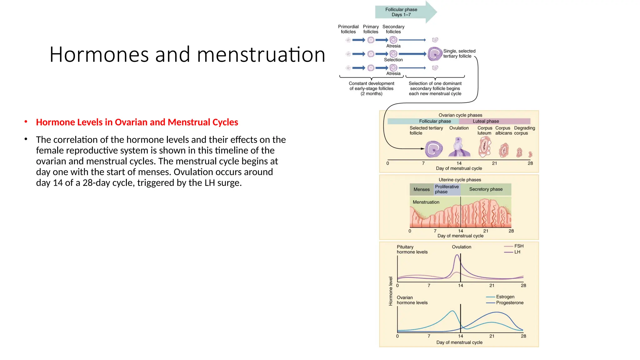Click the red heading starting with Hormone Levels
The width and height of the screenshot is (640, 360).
pyautogui.click(x=137, y=122)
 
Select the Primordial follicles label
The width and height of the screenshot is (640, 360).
pyautogui.click(x=348, y=29)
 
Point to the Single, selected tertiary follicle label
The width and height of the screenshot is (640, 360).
pyautogui.click(x=459, y=53)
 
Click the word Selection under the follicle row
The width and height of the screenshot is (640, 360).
pyautogui.click(x=393, y=60)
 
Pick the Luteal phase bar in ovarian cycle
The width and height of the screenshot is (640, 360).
pyautogui.click(x=494, y=121)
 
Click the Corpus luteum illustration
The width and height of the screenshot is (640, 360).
pyautogui.click(x=484, y=147)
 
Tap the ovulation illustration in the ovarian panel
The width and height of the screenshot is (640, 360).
pyautogui.click(x=459, y=147)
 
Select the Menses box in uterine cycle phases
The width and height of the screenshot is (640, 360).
pyautogui.click(x=422, y=189)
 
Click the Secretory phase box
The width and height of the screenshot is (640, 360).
pyautogui.click(x=486, y=189)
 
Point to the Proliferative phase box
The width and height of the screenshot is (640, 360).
pyautogui.click(x=447, y=189)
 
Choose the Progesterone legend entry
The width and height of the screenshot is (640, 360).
pyautogui.click(x=509, y=303)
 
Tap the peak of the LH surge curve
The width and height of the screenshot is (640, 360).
pyautogui.click(x=457, y=255)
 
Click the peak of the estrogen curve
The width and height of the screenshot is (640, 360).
pyautogui.click(x=452, y=311)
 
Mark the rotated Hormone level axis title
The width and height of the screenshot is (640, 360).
pyautogui.click(x=391, y=291)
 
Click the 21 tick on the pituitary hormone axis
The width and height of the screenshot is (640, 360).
pyautogui.click(x=492, y=286)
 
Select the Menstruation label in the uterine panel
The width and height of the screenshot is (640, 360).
pyautogui.click(x=426, y=202)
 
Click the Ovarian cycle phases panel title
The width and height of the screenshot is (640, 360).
pyautogui.click(x=460, y=115)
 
